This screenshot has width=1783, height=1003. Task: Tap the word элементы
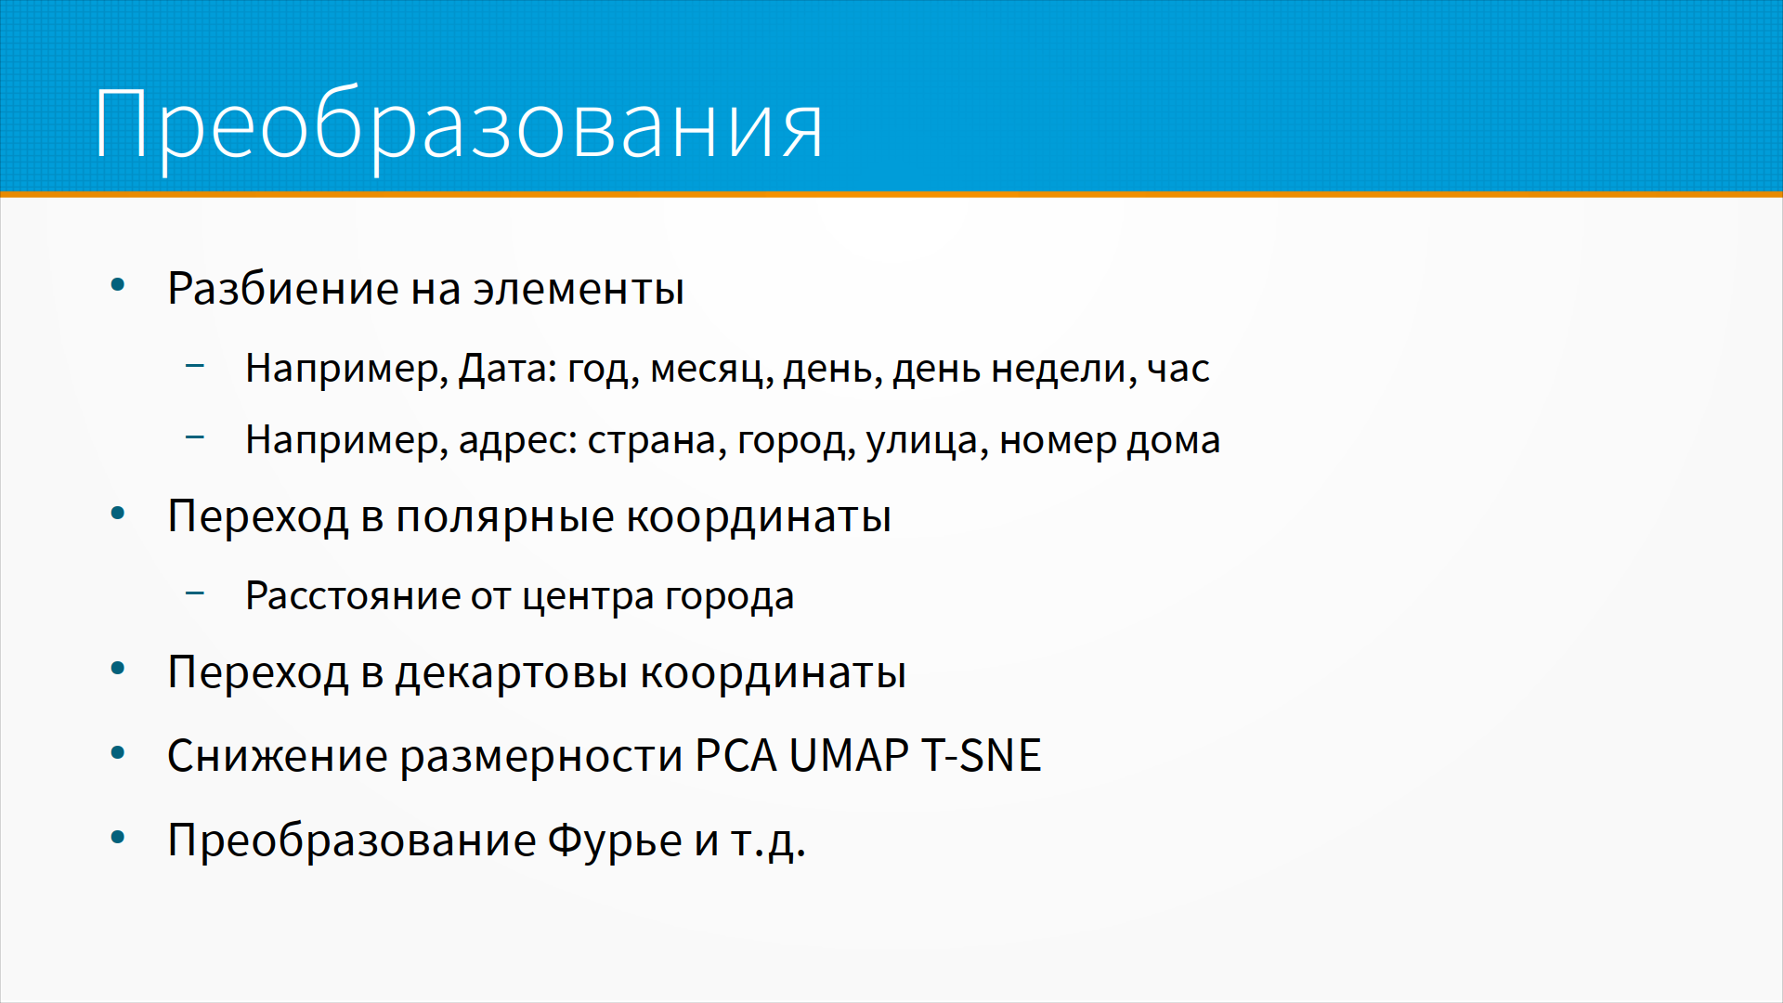point(579,289)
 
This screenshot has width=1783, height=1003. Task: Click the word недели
point(1059,370)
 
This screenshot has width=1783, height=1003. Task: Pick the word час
point(1178,370)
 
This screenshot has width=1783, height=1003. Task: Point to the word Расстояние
point(352,596)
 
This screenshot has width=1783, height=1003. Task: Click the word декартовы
point(512,673)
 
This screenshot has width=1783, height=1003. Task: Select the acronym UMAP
point(849,755)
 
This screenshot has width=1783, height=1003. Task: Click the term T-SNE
point(981,755)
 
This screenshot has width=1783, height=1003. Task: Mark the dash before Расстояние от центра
point(195,592)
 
